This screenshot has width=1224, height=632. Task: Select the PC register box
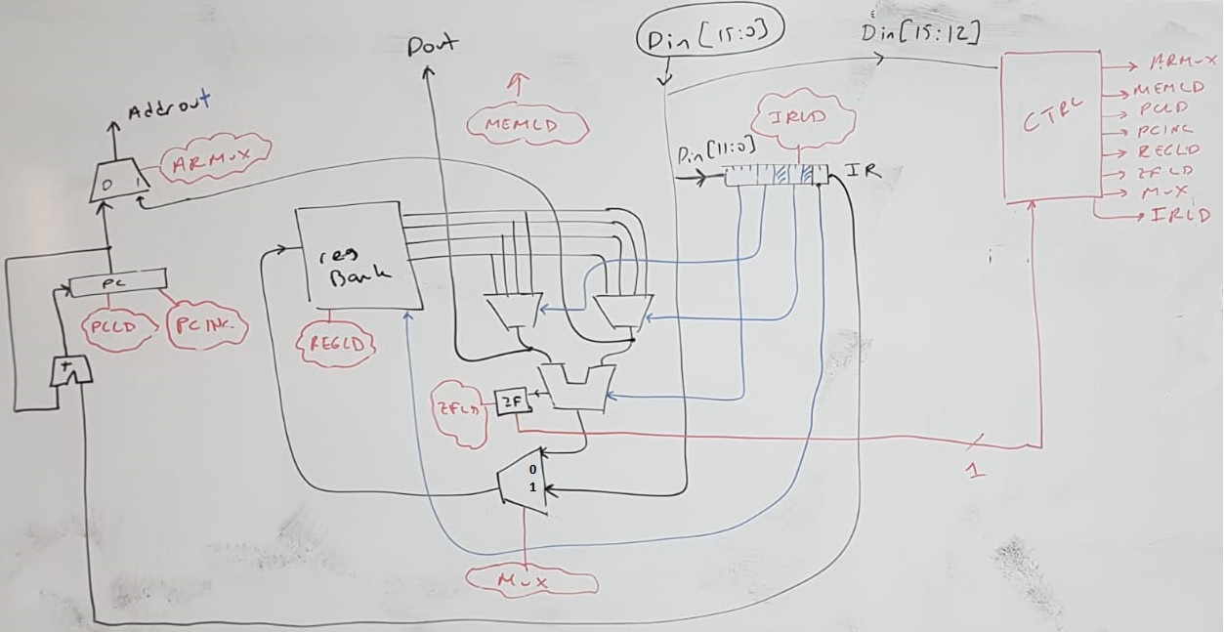[112, 284]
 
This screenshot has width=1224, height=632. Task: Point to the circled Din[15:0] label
[710, 39]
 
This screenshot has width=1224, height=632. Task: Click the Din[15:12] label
[920, 33]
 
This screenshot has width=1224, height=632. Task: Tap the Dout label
[432, 44]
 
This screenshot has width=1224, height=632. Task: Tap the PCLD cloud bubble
[118, 329]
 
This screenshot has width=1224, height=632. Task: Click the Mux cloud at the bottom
[530, 580]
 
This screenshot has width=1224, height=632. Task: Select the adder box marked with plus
[71, 371]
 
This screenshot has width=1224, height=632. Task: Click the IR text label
[864, 171]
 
